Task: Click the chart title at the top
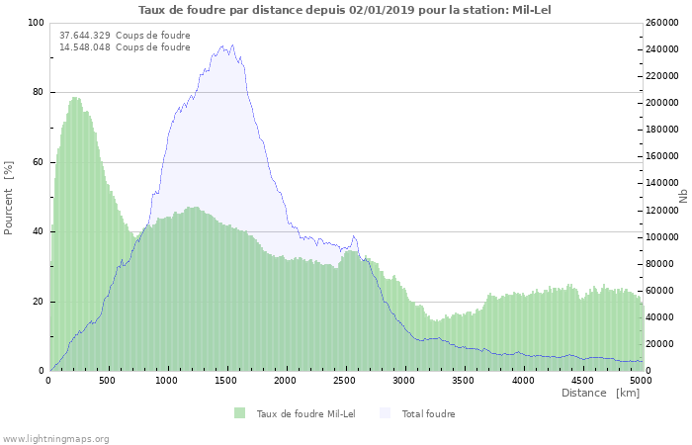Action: click(x=345, y=10)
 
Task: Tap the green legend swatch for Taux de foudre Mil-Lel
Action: click(x=240, y=413)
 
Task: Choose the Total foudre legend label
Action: click(x=428, y=413)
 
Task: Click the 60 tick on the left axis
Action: click(x=39, y=162)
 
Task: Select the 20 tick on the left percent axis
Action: click(x=39, y=302)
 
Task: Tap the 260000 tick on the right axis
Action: click(x=661, y=23)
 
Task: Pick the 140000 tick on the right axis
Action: click(x=661, y=183)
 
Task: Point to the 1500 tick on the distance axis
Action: click(x=226, y=380)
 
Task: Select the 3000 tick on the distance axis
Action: click(x=404, y=380)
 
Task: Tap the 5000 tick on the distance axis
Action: click(x=641, y=380)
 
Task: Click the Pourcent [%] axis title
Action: click(x=9, y=198)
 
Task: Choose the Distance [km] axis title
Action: click(x=600, y=393)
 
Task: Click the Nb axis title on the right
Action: click(x=683, y=197)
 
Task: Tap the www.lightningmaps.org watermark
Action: click(x=55, y=438)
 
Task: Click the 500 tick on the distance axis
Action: click(x=108, y=380)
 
